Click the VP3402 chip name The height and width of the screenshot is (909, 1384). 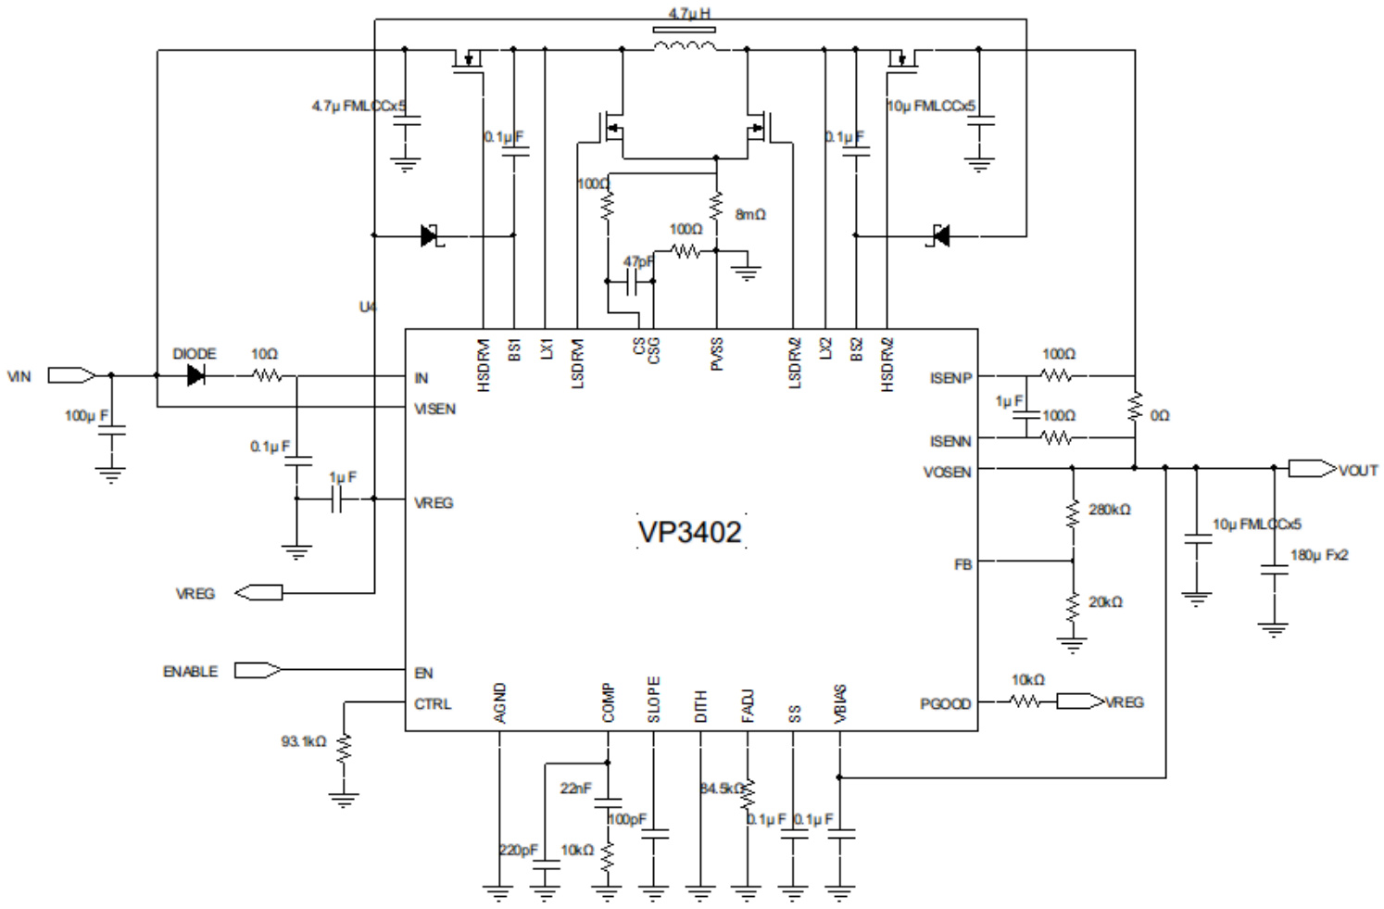coord(690,532)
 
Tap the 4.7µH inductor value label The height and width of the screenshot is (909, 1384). coord(689,14)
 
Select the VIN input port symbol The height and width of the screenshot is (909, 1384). coord(70,375)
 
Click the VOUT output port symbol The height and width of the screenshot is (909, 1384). coord(1311,469)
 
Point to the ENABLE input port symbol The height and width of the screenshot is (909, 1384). coord(257,670)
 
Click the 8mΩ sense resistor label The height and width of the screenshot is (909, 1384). coord(750,214)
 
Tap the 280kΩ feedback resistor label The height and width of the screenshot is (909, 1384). coord(1109,510)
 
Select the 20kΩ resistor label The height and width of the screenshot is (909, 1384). coord(1105,602)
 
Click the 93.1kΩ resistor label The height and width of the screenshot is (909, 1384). coord(304,741)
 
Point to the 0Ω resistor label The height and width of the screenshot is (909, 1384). coord(1160,416)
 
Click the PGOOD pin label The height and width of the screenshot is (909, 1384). coord(945,704)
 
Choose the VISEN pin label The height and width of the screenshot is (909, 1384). coord(434,409)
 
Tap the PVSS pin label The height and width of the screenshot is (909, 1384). coord(717,355)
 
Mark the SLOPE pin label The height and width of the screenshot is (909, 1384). coord(654,700)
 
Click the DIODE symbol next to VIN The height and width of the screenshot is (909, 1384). coord(195,375)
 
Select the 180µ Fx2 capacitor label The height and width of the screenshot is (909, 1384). coord(1319,555)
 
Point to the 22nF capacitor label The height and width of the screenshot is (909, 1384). coord(574,788)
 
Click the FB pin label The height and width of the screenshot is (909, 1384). coord(963,564)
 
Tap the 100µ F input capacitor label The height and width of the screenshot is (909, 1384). coord(86,415)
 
